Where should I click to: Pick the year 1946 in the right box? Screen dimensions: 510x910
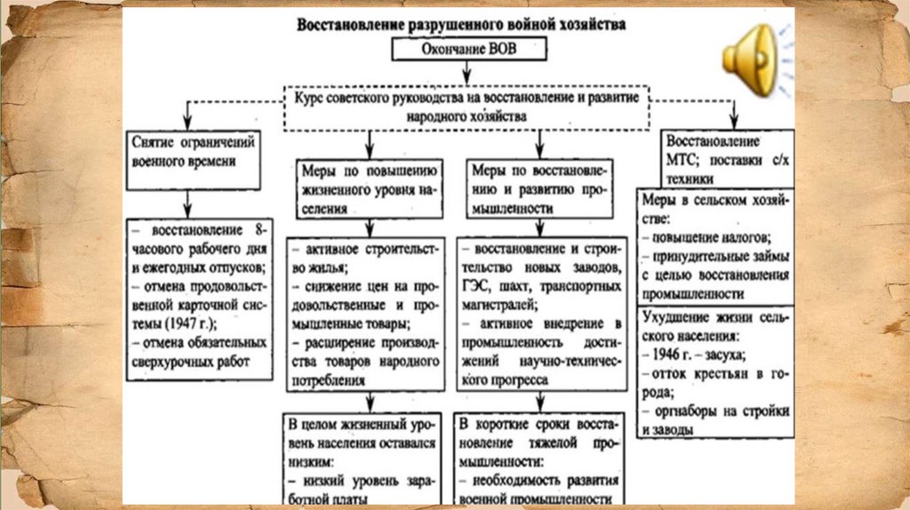[661, 354]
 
